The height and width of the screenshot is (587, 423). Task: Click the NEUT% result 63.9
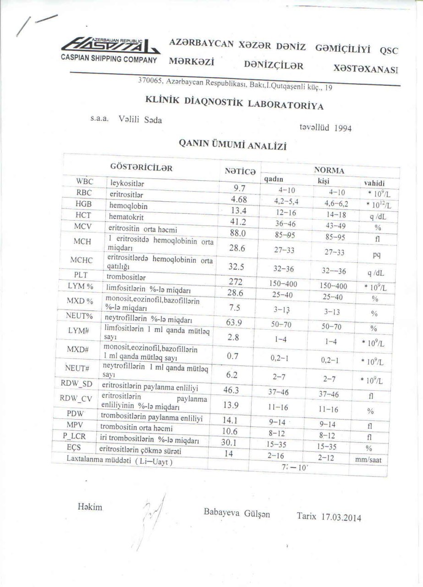point(234,322)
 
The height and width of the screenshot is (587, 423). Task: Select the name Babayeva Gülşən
point(236,514)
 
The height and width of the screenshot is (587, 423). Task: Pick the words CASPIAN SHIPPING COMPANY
point(109,60)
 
